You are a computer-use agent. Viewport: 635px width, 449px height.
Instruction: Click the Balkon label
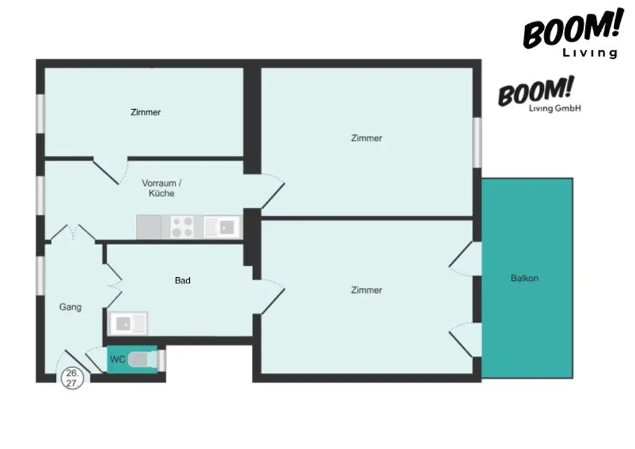click(525, 278)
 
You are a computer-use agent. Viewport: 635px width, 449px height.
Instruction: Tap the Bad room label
click(182, 281)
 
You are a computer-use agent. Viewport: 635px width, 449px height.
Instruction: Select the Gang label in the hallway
click(70, 307)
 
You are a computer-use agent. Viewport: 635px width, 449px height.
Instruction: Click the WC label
click(117, 359)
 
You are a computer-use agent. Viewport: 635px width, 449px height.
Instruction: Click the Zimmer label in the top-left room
click(146, 112)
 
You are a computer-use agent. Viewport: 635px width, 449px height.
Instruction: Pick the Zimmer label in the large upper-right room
click(366, 138)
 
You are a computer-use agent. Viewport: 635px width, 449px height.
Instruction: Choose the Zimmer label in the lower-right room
click(366, 290)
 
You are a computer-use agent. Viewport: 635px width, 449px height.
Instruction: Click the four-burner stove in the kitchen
click(183, 227)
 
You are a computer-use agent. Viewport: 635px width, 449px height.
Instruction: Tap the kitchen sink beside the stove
click(221, 226)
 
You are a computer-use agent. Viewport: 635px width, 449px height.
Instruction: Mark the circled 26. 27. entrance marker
click(72, 378)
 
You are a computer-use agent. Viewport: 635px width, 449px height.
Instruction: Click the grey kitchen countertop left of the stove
click(149, 227)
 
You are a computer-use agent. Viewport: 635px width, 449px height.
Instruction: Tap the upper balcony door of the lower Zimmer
click(465, 259)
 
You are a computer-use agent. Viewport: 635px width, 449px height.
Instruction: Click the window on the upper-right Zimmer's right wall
click(477, 141)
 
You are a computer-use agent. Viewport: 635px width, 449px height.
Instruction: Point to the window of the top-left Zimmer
click(40, 112)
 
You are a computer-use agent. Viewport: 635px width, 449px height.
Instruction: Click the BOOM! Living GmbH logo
click(540, 97)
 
